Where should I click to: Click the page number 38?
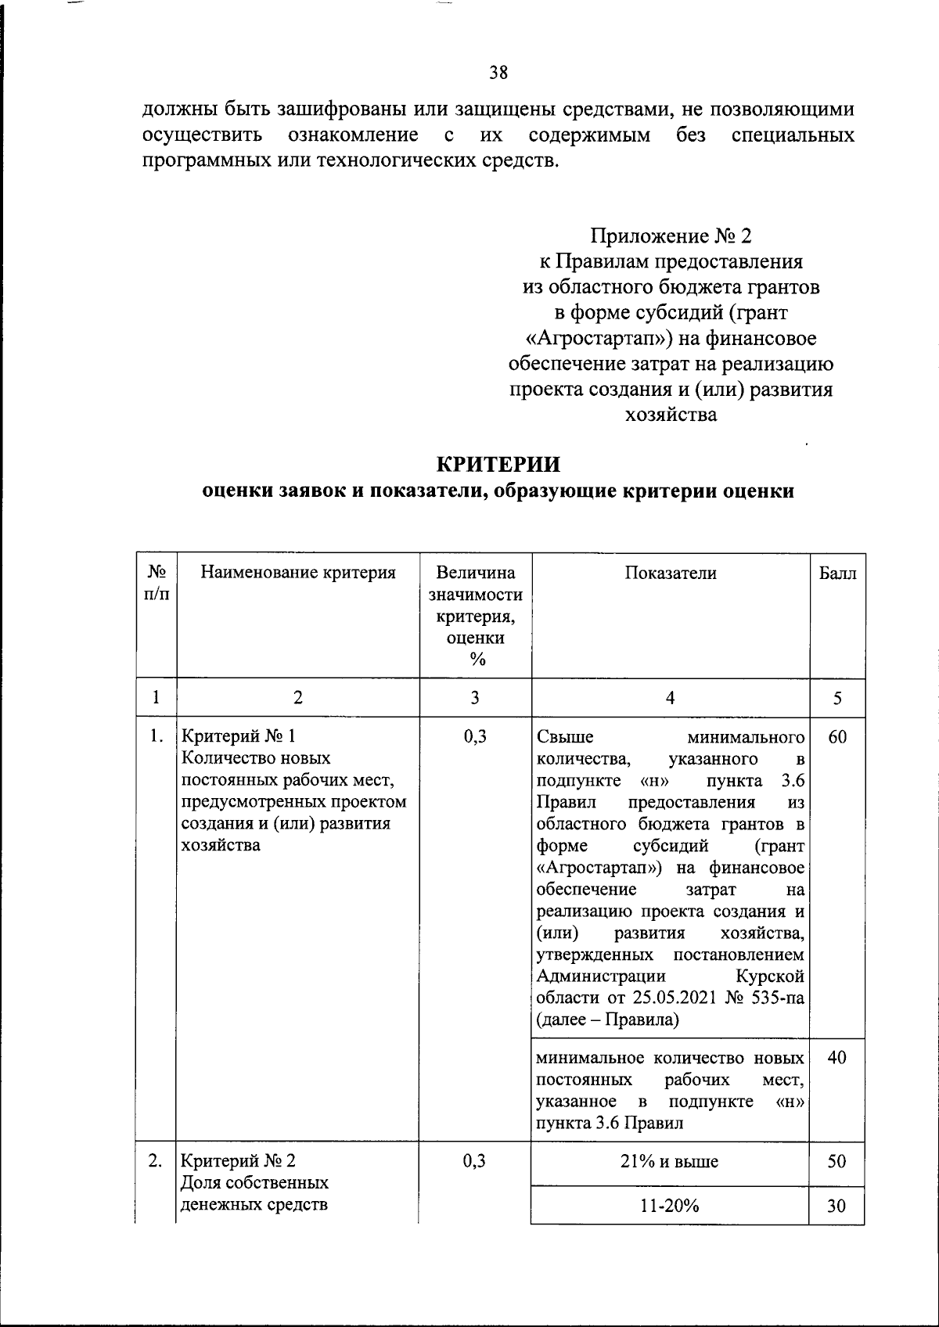pos(498,74)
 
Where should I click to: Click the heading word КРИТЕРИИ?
pos(498,465)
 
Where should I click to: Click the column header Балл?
pos(837,574)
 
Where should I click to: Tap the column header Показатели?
pos(671,574)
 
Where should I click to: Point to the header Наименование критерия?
pos(298,574)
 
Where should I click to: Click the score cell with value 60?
pos(837,737)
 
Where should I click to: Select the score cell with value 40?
pos(837,1059)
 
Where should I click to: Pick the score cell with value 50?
pos(837,1162)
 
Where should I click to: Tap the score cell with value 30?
pos(837,1207)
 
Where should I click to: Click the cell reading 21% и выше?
pos(670,1162)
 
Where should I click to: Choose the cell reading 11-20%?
pos(670,1207)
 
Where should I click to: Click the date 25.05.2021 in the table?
pos(672,998)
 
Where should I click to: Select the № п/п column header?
pos(156,584)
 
